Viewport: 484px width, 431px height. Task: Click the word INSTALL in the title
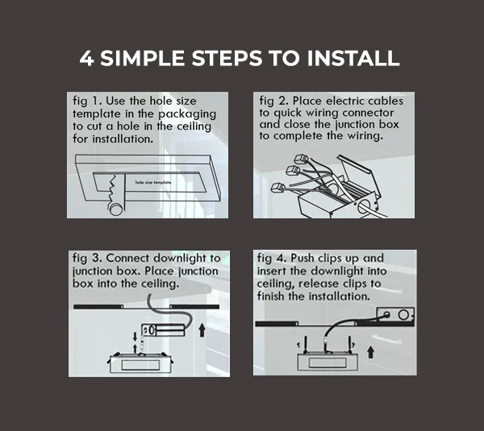point(353,58)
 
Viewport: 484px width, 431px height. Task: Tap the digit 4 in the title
point(86,58)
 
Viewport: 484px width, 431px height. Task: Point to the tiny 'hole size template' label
point(153,183)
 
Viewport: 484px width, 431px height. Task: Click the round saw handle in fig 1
point(116,209)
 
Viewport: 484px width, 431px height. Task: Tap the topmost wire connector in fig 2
point(301,159)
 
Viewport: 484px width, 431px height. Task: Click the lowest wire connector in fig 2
point(278,188)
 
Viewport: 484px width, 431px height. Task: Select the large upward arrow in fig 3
point(202,329)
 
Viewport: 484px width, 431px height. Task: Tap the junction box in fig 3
point(163,330)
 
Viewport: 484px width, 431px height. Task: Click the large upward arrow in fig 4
point(371,352)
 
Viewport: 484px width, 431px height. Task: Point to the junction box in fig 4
point(395,315)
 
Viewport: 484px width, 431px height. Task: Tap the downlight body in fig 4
point(328,362)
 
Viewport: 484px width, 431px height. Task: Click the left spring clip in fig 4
point(306,345)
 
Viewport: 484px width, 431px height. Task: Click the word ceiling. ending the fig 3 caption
point(161,284)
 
